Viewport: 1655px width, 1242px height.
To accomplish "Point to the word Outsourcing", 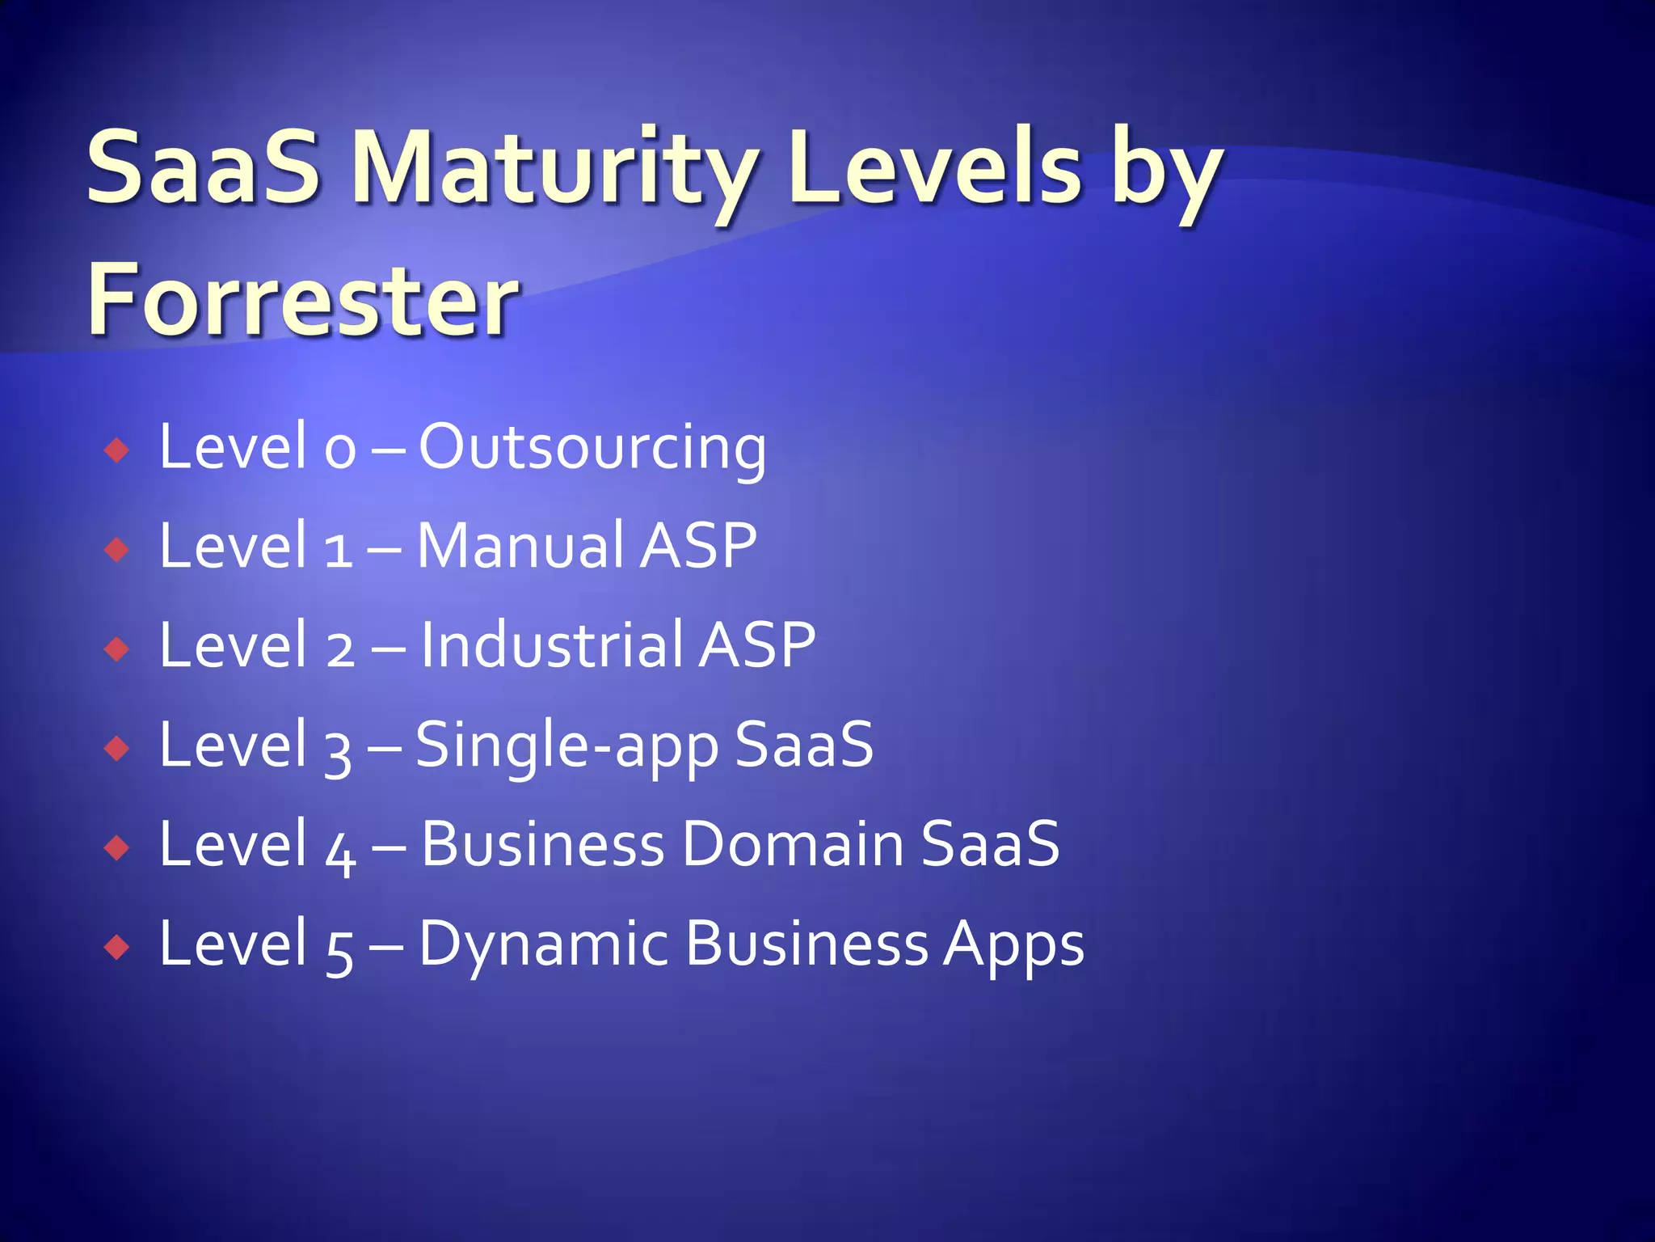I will [x=592, y=448].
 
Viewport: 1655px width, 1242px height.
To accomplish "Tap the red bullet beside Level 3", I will [x=117, y=749].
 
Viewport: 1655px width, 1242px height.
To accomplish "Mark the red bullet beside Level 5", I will [x=117, y=947].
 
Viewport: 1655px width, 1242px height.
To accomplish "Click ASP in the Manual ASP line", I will [x=699, y=547].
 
